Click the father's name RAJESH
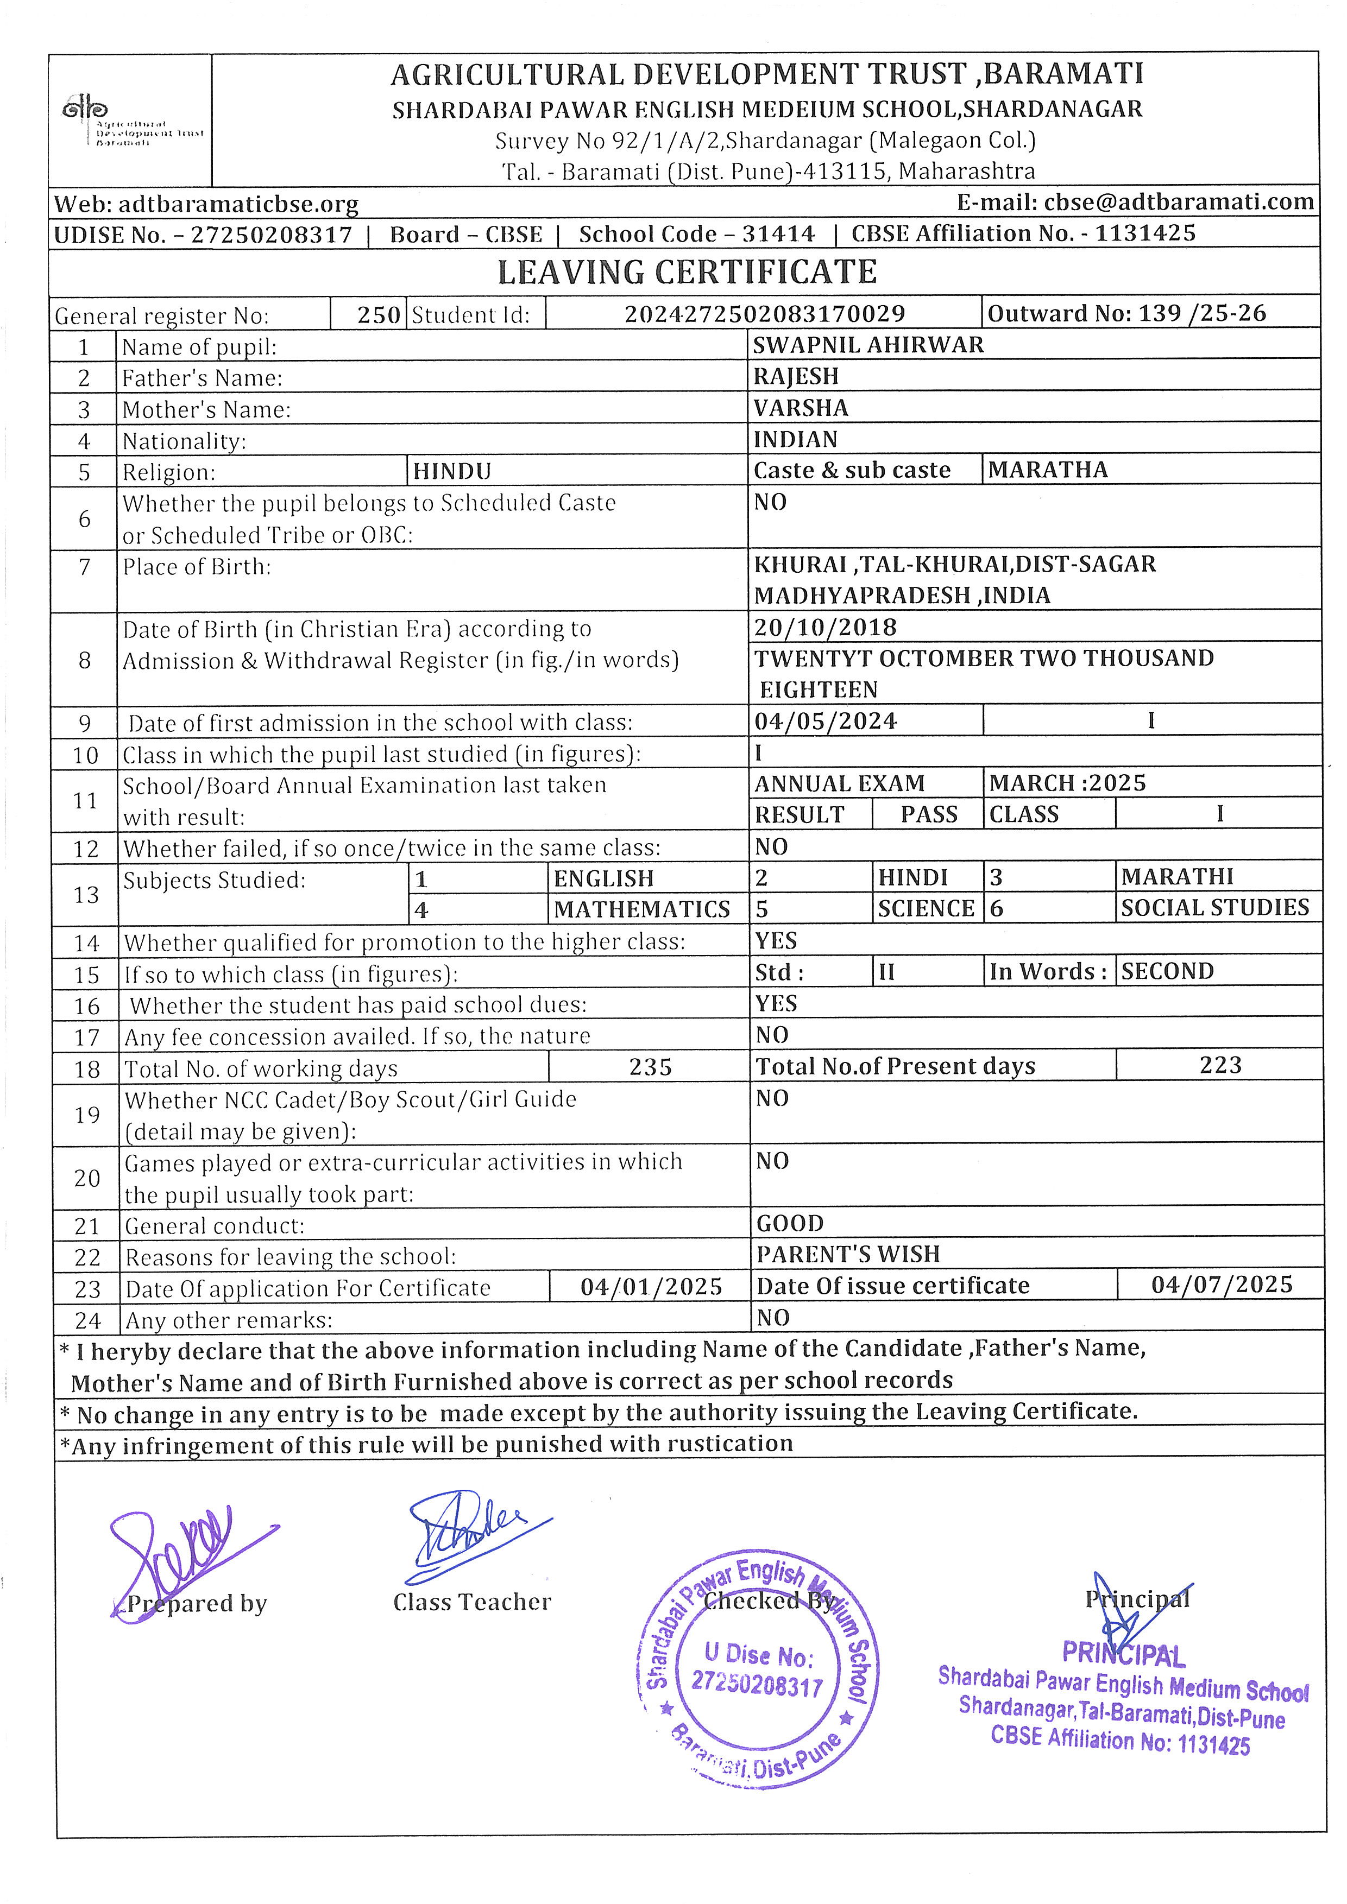795,376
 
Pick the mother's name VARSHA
801,408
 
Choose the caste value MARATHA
1048,470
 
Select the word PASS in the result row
928,814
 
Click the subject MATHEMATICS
642,910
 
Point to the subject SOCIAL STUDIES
1214,908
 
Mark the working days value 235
650,1067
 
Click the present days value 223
1220,1066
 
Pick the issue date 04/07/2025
1221,1286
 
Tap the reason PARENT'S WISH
848,1254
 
